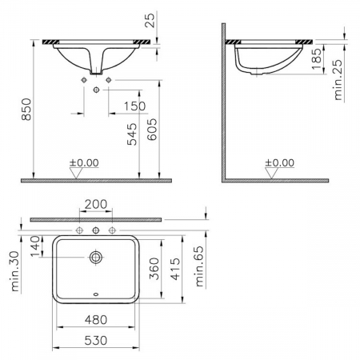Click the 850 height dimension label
coord(26,110)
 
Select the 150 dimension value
coord(134,106)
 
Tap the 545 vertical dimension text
coord(132,134)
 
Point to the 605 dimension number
coord(152,130)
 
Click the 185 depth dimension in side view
coord(317,58)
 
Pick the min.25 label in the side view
coord(338,80)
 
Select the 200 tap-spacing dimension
coord(96,205)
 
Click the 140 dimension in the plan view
coord(35,246)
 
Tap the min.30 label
coord(15,271)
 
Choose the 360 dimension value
coord(154,269)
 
